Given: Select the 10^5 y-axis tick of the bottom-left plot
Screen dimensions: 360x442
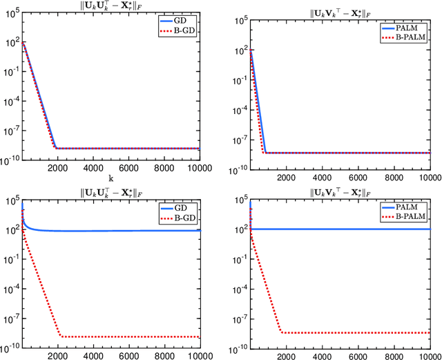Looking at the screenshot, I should coord(12,201).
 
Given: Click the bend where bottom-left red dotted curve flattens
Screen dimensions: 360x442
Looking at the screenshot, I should coord(61,337).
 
